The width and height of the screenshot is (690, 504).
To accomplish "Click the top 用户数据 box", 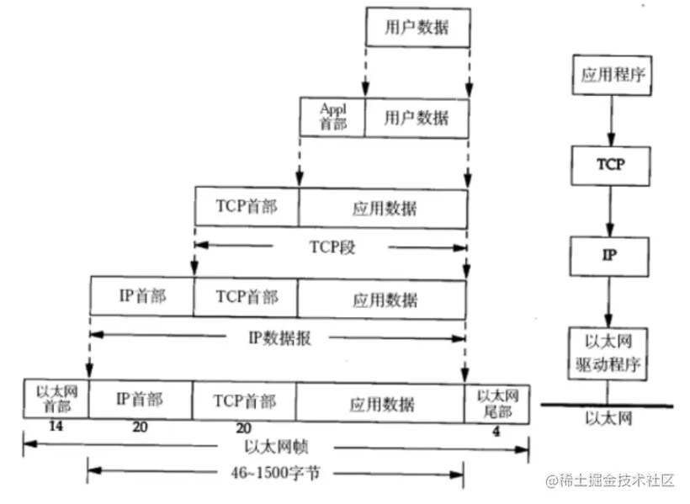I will (x=417, y=27).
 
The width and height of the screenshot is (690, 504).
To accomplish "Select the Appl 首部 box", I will (x=333, y=116).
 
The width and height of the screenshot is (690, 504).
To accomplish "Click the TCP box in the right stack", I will (x=611, y=164).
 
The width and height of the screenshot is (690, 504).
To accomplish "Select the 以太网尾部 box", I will (x=497, y=401).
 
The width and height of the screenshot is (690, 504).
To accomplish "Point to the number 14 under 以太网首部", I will (x=56, y=427).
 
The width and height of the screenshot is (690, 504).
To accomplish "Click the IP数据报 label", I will (x=279, y=337).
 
